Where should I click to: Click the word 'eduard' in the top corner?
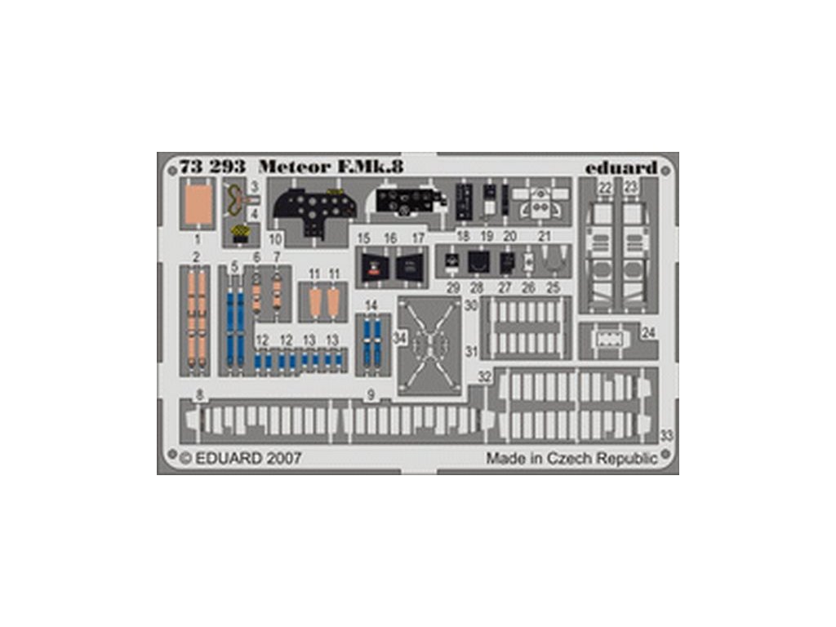pyautogui.click(x=621, y=167)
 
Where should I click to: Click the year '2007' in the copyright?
pyautogui.click(x=282, y=458)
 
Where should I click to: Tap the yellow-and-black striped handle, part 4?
pyautogui.click(x=240, y=233)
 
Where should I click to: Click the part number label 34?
pyautogui.click(x=399, y=337)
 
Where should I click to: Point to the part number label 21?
pyautogui.click(x=545, y=237)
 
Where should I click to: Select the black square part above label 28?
pyautogui.click(x=478, y=262)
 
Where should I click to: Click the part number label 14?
pyautogui.click(x=371, y=305)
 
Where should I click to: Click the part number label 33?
pyautogui.click(x=666, y=436)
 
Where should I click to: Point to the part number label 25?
pyautogui.click(x=553, y=287)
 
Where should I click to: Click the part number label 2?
pyautogui.click(x=197, y=257)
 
